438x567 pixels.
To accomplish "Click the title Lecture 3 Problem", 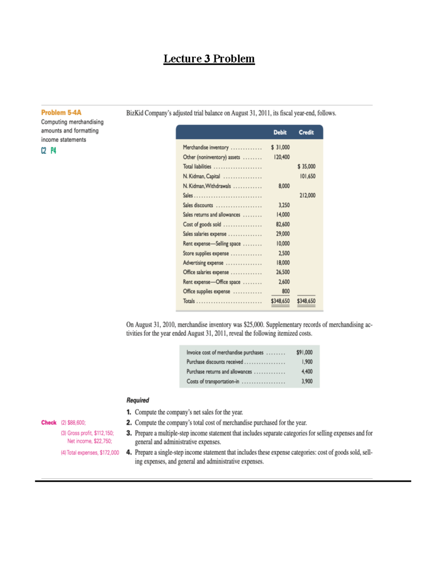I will tap(209, 59).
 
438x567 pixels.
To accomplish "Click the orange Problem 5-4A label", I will tap(61, 112).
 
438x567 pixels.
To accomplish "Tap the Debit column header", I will tap(280, 133).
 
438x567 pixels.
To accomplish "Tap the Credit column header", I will tap(306, 133).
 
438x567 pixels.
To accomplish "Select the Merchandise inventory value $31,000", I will tap(280, 147).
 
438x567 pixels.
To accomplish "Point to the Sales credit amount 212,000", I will tap(307, 195).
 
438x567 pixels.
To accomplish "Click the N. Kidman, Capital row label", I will tap(201, 176).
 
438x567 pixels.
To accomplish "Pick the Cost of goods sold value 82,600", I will tap(283, 224).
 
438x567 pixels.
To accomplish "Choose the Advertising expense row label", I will tap(203, 263).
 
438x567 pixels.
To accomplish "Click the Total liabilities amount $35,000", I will tap(307, 166).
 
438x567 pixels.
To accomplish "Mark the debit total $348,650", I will tap(280, 301).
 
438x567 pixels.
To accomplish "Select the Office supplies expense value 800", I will tap(286, 291).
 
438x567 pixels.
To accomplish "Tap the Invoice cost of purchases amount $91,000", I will tap(304, 352).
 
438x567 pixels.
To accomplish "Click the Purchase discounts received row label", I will tap(215, 362).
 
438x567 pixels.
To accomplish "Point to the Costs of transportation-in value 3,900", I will tap(307, 381).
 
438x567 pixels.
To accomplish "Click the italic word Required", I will tap(138, 400).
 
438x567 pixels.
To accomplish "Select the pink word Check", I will tap(49, 422).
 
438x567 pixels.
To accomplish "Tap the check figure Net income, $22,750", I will tap(89, 441).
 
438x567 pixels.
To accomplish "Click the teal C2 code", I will tap(44, 151).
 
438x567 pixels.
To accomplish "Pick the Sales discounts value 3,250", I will tap(284, 205).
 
